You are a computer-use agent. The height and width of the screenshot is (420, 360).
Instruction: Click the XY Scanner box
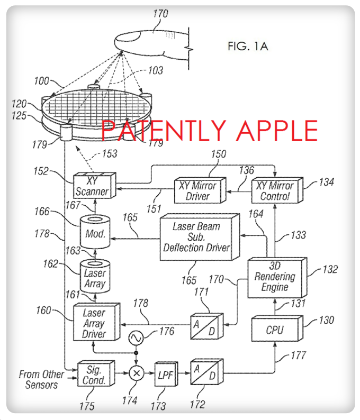(93, 185)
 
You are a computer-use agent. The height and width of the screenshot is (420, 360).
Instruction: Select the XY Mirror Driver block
(196, 191)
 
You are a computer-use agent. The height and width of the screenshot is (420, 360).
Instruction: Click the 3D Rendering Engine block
(274, 277)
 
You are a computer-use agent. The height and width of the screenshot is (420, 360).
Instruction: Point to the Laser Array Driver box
(94, 324)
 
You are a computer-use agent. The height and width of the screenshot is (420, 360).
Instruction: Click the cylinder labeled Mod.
(94, 233)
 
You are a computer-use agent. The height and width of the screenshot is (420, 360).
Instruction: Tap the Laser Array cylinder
(94, 278)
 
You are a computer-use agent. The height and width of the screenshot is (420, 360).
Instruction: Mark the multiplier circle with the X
(136, 373)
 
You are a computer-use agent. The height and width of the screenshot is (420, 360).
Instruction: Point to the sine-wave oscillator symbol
(136, 336)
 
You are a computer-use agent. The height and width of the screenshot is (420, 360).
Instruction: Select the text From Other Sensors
(41, 379)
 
